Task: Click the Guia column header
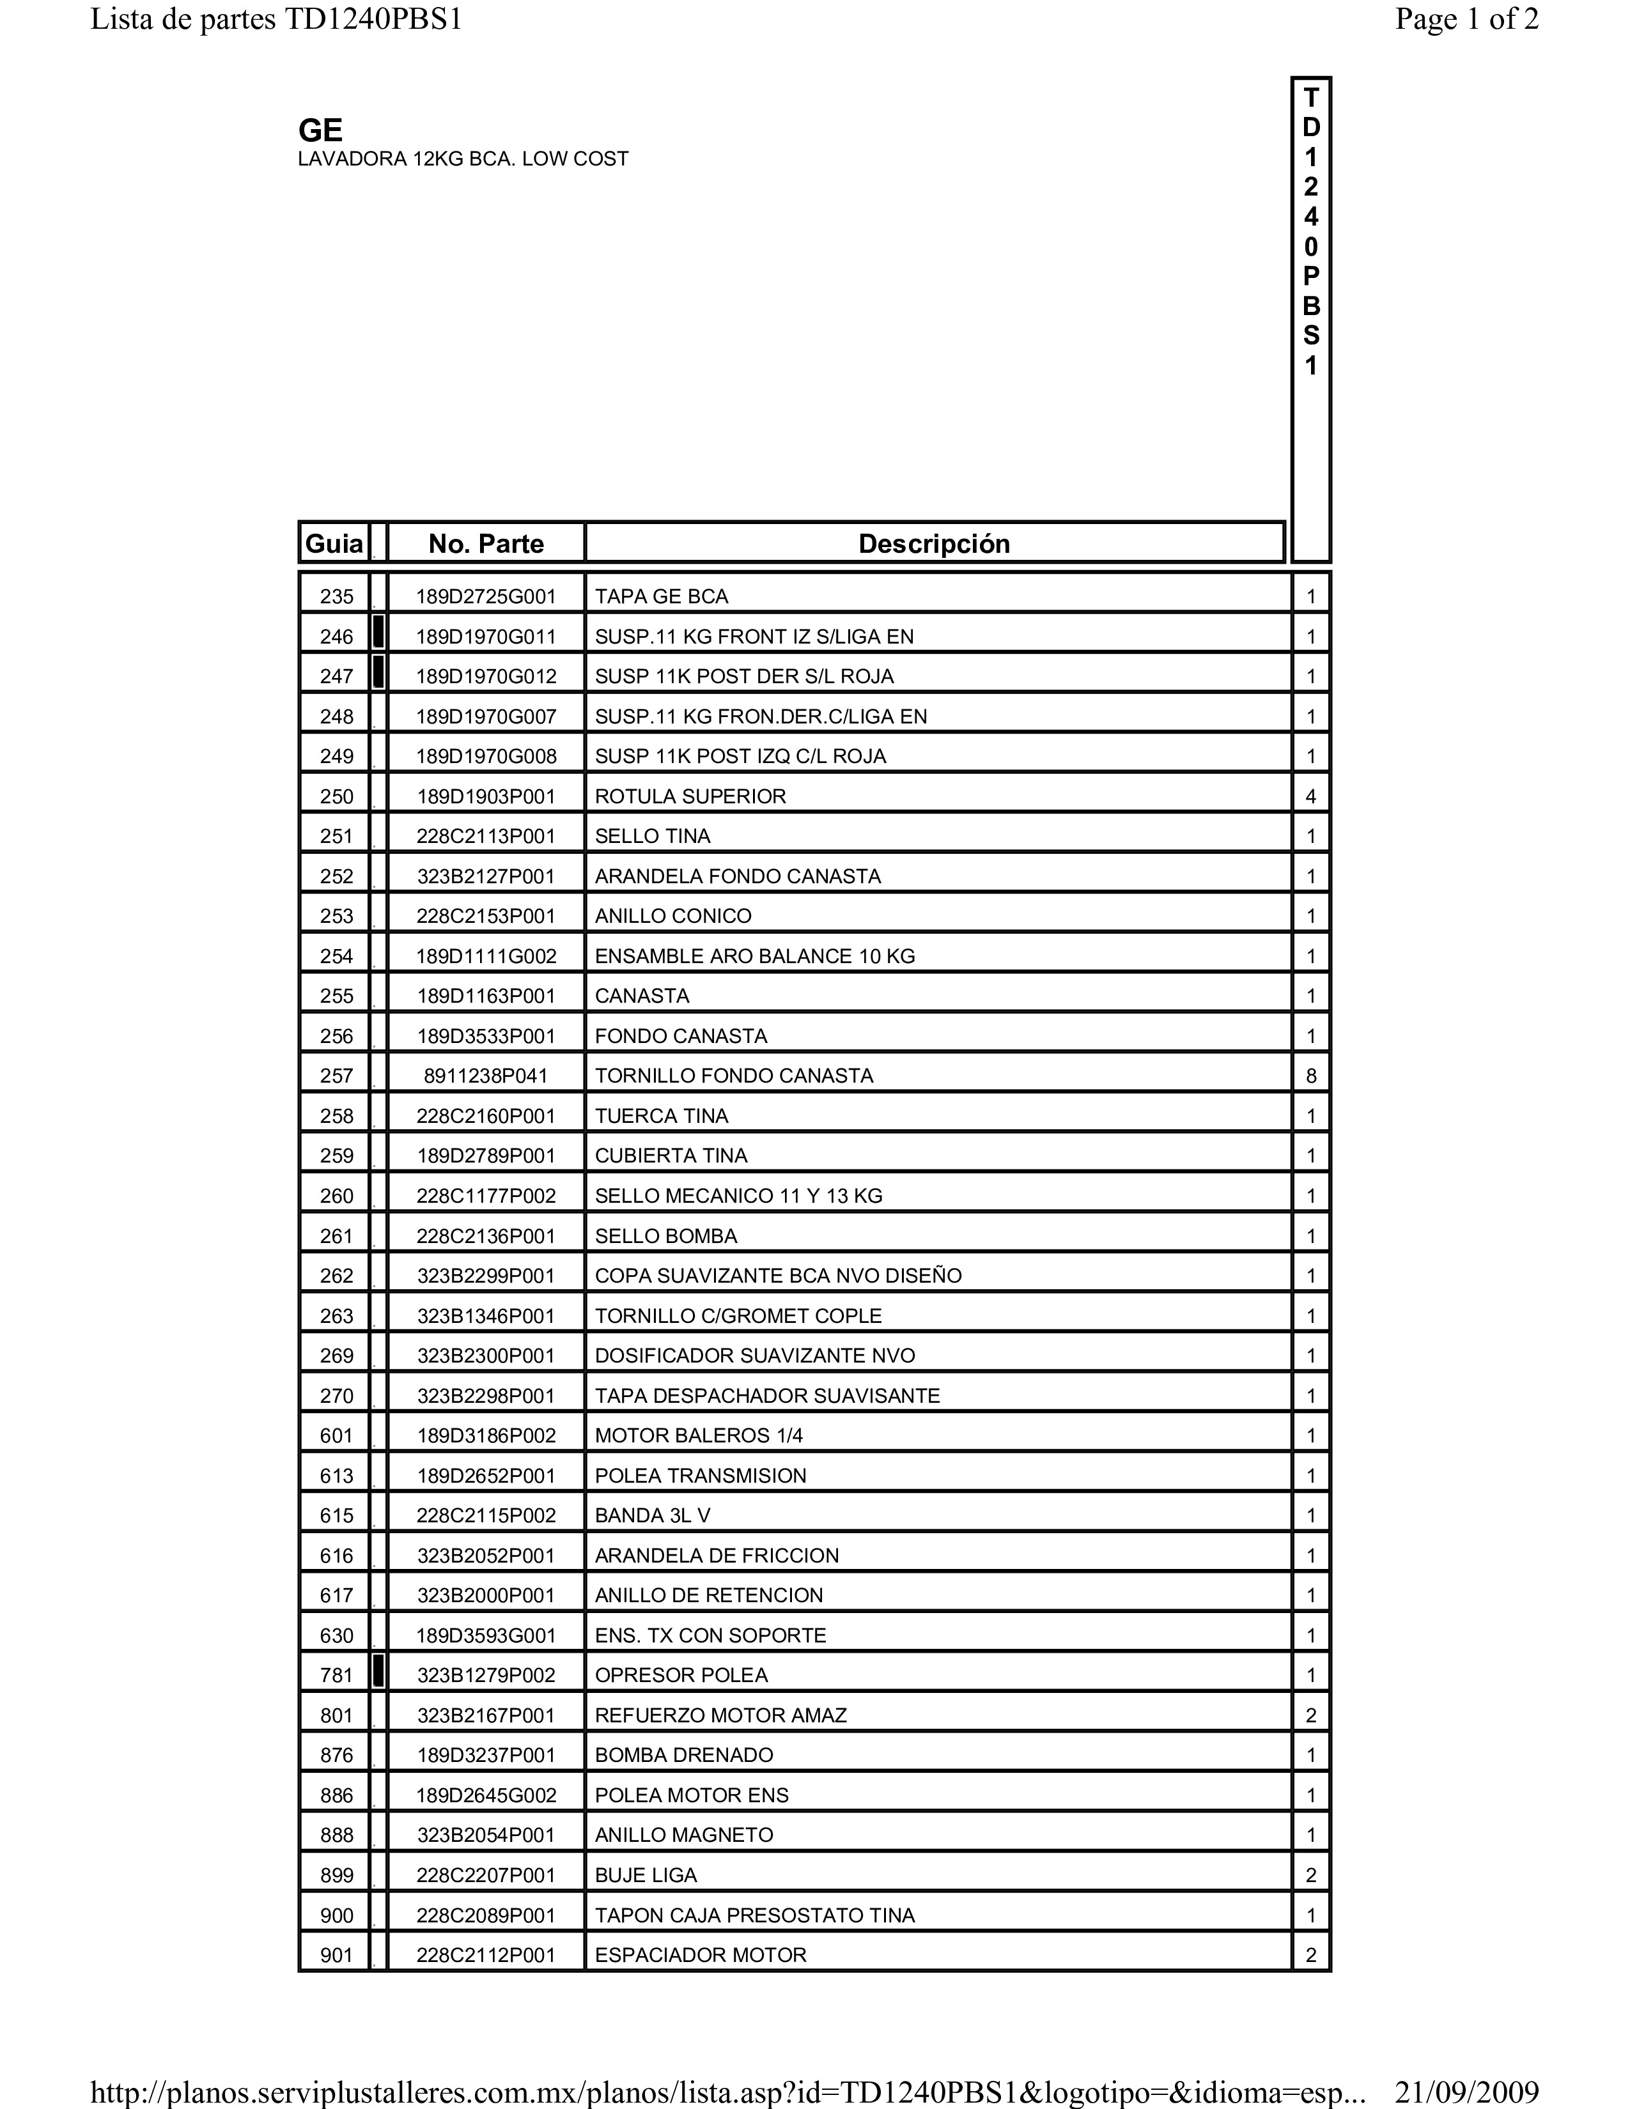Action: pos(334,544)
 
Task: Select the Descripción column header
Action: pos(934,544)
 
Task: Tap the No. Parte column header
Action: pos(486,544)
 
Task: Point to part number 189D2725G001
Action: pos(486,597)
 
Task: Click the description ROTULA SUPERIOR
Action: pos(690,797)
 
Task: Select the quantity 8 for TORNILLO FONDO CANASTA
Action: pos(1310,1076)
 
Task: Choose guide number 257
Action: pos(336,1076)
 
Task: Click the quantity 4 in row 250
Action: pos(1310,797)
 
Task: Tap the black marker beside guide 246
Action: pos(378,633)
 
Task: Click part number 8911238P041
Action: pos(486,1076)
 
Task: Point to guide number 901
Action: pos(336,1956)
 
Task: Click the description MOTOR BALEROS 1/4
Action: pos(698,1436)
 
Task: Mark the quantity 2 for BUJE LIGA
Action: pos(1310,1875)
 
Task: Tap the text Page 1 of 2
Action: pos(1466,19)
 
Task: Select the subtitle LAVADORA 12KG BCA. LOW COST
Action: pos(463,159)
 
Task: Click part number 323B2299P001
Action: pos(486,1276)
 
